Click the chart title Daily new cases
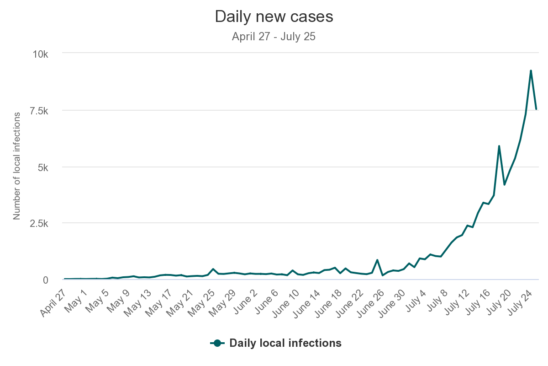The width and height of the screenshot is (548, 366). [x=274, y=17]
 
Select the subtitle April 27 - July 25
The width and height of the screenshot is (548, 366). [x=274, y=37]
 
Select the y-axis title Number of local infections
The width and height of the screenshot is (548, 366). [x=17, y=166]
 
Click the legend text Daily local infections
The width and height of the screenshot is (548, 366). [x=285, y=343]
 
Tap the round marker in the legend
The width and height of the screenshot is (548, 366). [x=217, y=343]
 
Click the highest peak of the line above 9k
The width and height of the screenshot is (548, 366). [x=531, y=70]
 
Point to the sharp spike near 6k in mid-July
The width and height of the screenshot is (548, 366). [x=499, y=146]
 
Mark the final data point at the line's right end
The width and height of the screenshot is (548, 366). [x=536, y=109]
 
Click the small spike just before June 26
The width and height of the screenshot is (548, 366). [x=377, y=260]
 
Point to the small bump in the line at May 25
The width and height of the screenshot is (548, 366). [x=213, y=269]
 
